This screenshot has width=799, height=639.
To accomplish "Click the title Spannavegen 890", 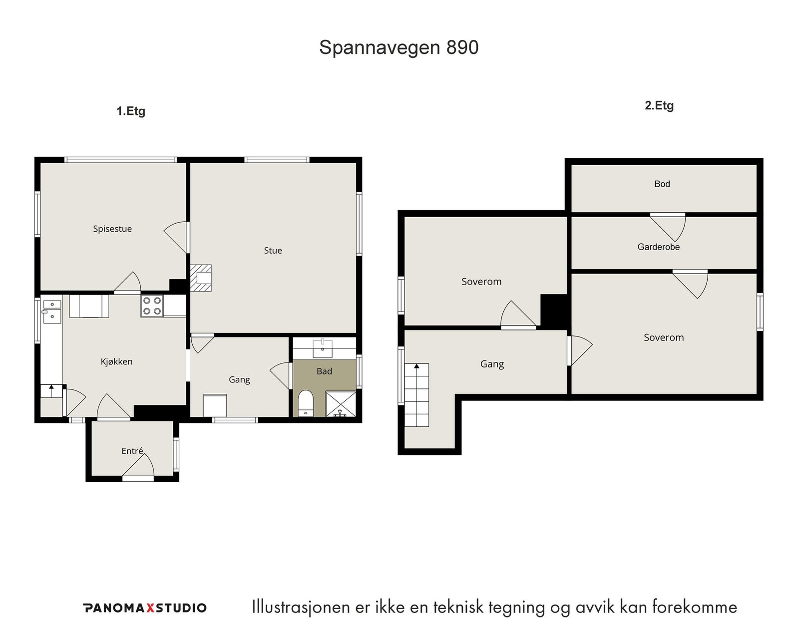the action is click(x=399, y=48).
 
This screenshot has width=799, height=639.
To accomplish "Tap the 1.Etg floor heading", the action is click(x=131, y=111).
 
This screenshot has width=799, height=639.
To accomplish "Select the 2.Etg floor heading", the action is click(x=659, y=106).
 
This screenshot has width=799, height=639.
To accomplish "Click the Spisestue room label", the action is click(x=112, y=229).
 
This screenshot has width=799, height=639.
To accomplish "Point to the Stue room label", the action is click(x=273, y=251).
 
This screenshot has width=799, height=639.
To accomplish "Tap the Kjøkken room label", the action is click(x=116, y=361).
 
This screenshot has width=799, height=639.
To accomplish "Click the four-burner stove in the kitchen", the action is click(x=152, y=306).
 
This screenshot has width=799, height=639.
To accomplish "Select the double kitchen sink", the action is click(x=52, y=311).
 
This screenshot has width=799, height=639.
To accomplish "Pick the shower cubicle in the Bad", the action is click(x=341, y=404).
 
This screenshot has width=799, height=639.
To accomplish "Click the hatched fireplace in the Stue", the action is click(x=201, y=278).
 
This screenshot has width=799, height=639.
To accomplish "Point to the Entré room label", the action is click(x=132, y=451).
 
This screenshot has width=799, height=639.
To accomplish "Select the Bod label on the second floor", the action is click(x=662, y=184).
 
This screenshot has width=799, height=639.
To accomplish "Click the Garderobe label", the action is click(x=658, y=247).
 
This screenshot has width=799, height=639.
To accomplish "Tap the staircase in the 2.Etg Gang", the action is click(x=416, y=395).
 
